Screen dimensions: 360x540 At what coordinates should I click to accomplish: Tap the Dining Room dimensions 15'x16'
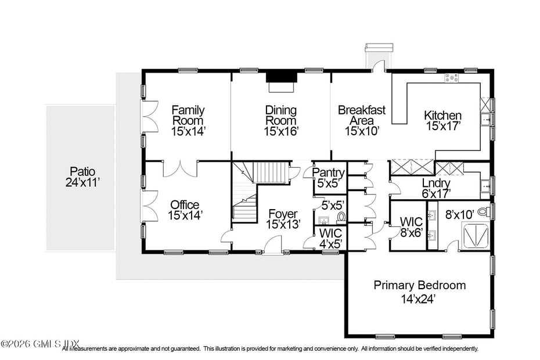pyautogui.click(x=281, y=132)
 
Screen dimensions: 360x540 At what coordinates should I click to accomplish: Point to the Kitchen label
pyautogui.click(x=442, y=116)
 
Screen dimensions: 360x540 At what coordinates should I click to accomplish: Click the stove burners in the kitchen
pyautogui.click(x=451, y=77)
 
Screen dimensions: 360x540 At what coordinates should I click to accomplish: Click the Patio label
pyautogui.click(x=82, y=172)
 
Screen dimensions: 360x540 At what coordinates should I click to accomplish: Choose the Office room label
pyautogui.click(x=185, y=205)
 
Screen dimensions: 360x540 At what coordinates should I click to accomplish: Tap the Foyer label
pyautogui.click(x=283, y=214)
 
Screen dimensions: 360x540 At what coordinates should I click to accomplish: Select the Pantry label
pyautogui.click(x=329, y=173)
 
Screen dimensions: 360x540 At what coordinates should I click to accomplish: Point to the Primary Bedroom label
pyautogui.click(x=419, y=285)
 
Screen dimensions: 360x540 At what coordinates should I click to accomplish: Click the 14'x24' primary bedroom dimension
pyautogui.click(x=418, y=300)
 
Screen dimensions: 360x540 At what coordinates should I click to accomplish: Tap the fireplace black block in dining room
pyautogui.click(x=281, y=78)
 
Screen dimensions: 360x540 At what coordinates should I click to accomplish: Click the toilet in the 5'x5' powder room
pyautogui.click(x=341, y=217)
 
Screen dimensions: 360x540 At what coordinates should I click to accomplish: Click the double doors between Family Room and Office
pyautogui.click(x=179, y=169)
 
